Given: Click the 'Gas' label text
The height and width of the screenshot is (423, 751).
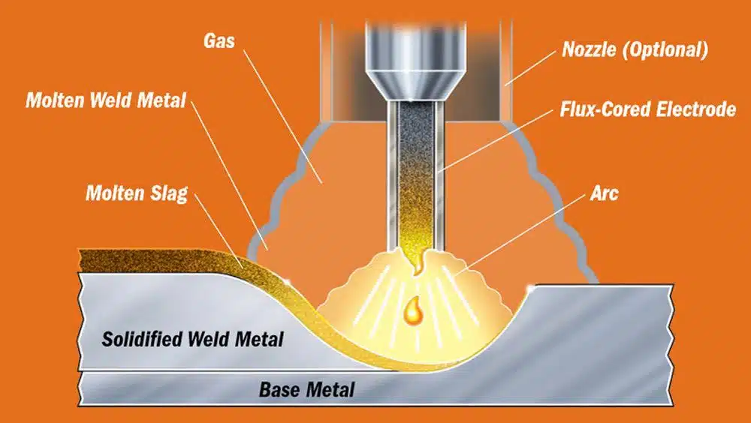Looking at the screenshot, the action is (219, 40).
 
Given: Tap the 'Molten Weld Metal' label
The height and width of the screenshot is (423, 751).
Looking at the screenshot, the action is (106, 100).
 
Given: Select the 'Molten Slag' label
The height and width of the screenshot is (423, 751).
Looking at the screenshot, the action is (137, 193).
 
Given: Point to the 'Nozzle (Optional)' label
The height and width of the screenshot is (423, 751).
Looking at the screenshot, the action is (635, 49).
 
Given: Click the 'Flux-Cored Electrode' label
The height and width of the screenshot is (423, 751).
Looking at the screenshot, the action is (648, 109).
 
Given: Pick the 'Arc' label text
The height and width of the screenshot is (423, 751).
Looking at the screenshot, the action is (604, 193).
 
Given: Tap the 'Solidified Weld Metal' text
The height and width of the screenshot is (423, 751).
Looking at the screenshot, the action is (192, 339).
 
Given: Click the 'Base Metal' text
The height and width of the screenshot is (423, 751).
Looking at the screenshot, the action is (307, 389).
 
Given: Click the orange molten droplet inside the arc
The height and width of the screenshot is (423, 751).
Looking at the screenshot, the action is (412, 311).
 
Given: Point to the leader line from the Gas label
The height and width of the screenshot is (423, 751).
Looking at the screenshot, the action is (282, 116).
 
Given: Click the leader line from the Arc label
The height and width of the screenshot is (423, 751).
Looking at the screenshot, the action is (520, 235).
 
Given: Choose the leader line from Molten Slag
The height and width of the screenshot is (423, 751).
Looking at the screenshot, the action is (219, 231).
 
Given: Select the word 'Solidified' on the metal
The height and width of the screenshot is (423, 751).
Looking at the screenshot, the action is (142, 339).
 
